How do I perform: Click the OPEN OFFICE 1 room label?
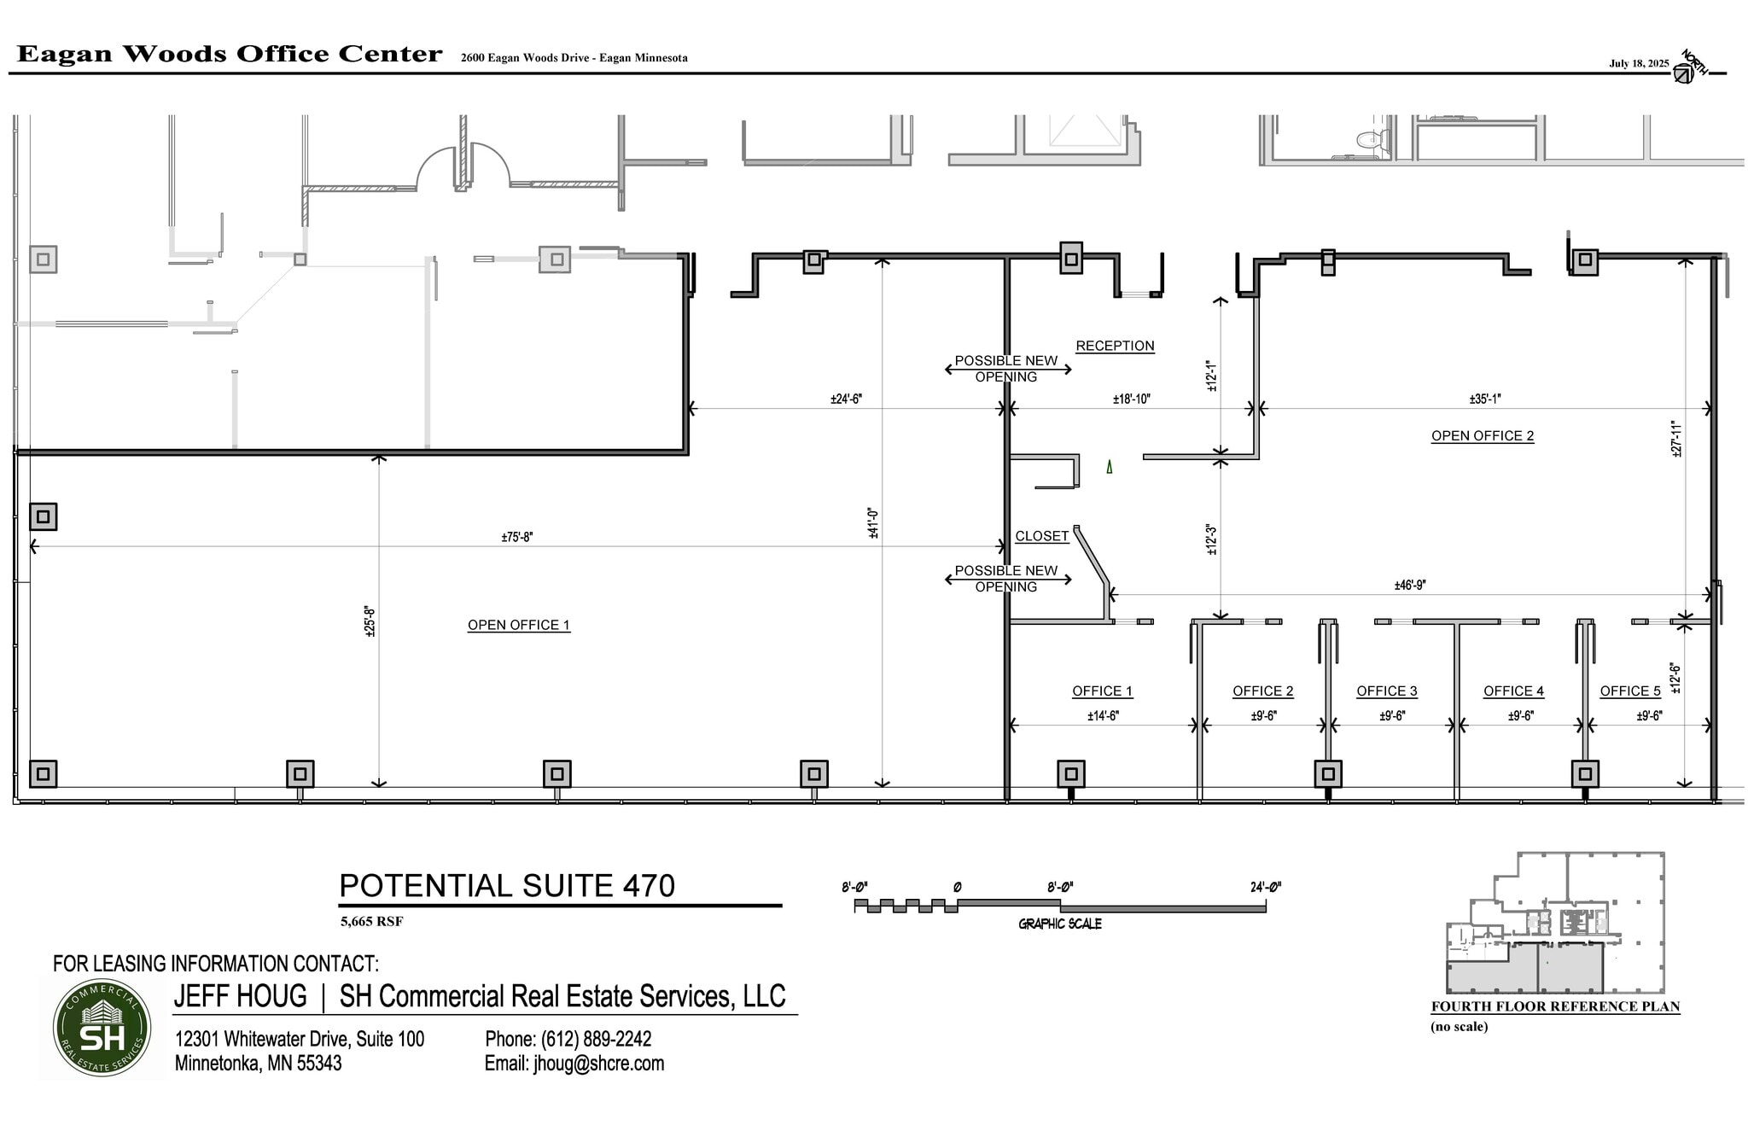pos(518,625)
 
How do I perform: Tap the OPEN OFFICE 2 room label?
pos(1482,435)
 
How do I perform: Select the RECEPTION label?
pos(1115,346)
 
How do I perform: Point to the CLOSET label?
pos(1041,536)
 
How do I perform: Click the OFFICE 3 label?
pos(1386,691)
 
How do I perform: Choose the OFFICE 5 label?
pos(1629,691)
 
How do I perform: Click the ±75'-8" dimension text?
pos(517,537)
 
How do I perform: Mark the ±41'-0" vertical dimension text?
pos(872,523)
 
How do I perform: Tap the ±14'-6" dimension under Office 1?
pos(1103,716)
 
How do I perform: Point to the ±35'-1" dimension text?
pos(1484,399)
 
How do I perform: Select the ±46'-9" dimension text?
pos(1409,585)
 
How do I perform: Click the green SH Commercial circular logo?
pos(102,1028)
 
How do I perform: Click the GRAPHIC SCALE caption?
pos(1059,924)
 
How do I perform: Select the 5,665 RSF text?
pos(371,921)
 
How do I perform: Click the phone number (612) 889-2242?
pos(596,1039)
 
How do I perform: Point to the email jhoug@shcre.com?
pos(598,1064)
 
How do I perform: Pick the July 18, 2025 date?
pos(1639,63)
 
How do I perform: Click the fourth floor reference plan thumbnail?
pos(1554,923)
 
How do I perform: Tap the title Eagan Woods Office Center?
pos(230,54)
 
